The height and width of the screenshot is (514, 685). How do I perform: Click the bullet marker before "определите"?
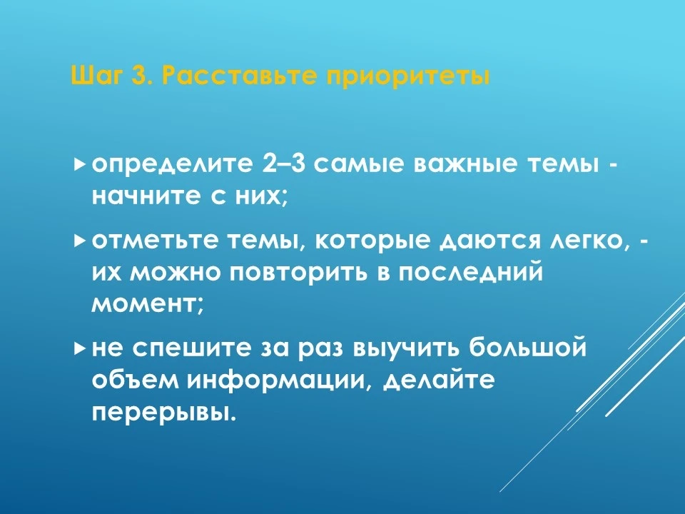(x=79, y=164)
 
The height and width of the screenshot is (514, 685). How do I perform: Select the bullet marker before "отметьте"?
(x=79, y=240)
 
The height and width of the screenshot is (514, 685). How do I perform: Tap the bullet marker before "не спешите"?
(x=79, y=348)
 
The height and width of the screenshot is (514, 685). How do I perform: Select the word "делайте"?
(x=440, y=381)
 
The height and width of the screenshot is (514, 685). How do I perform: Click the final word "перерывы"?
(x=164, y=413)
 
